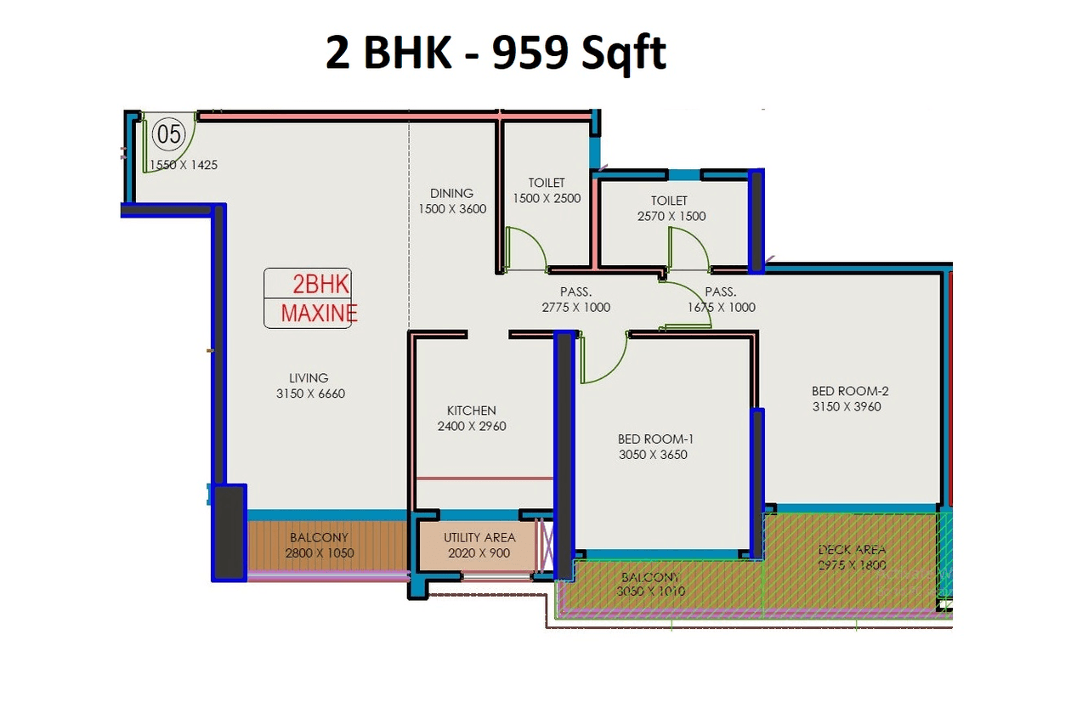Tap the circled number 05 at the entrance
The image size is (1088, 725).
click(167, 134)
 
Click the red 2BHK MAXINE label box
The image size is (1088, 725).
click(308, 298)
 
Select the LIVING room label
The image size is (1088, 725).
click(308, 378)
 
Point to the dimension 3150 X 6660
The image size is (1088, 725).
click(310, 394)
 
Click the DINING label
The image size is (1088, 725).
click(451, 193)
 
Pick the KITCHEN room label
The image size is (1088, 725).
click(471, 411)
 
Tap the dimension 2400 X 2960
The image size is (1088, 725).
click(471, 426)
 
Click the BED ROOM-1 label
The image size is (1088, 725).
click(655, 439)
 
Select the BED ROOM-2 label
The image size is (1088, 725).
click(849, 391)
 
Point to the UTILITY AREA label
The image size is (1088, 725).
click(479, 538)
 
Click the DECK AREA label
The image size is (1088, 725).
click(852, 550)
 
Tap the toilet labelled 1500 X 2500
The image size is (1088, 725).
click(547, 198)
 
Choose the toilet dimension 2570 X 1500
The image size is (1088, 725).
click(671, 216)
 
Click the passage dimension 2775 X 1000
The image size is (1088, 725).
click(575, 308)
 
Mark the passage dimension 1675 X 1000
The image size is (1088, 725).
click(721, 308)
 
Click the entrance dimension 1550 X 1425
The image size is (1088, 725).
click(184, 165)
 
